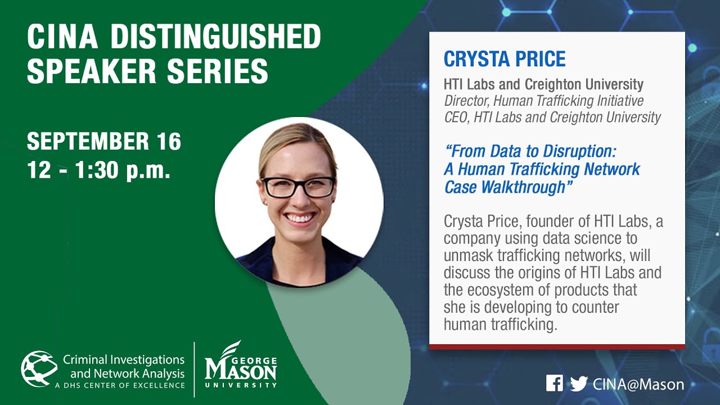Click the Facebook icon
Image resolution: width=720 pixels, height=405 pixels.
coord(554,383)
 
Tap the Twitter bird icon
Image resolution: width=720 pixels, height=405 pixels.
coord(579,384)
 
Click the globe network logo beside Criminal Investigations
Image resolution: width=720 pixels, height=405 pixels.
coord(39,368)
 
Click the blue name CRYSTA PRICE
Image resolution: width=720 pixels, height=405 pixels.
coord(505,58)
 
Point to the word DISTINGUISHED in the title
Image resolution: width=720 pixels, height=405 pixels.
coord(215,37)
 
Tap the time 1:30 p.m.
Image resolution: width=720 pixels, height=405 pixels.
coord(123,170)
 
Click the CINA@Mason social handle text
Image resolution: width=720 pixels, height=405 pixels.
coord(638,384)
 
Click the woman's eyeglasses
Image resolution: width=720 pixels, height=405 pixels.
coord(299,187)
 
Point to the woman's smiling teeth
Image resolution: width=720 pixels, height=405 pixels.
coord(300,218)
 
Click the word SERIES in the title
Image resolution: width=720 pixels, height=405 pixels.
coord(217,71)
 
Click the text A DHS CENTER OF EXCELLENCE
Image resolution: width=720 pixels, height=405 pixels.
coord(120,385)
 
